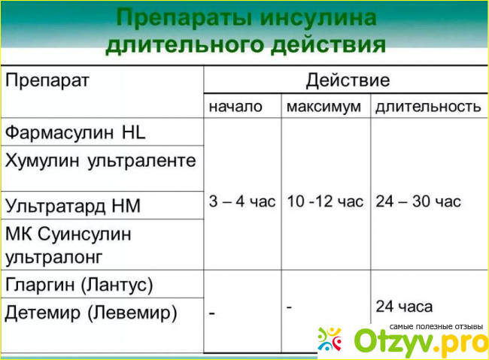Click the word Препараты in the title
click(x=184, y=18)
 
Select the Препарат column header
click(x=47, y=80)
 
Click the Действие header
click(x=348, y=80)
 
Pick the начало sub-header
click(x=235, y=107)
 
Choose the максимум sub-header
click(x=323, y=107)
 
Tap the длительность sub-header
click(x=428, y=107)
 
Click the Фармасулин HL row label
click(x=75, y=132)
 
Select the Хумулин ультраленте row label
click(x=100, y=161)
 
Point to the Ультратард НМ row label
click(x=73, y=206)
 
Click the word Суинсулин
click(x=85, y=234)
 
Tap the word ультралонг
click(x=54, y=258)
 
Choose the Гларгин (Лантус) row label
click(x=79, y=285)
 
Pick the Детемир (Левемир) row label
click(x=91, y=313)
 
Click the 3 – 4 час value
click(x=242, y=201)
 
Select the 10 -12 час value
click(x=325, y=201)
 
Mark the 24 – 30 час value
click(x=418, y=201)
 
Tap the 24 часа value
click(x=404, y=307)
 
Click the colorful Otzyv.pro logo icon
click(x=330, y=339)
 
